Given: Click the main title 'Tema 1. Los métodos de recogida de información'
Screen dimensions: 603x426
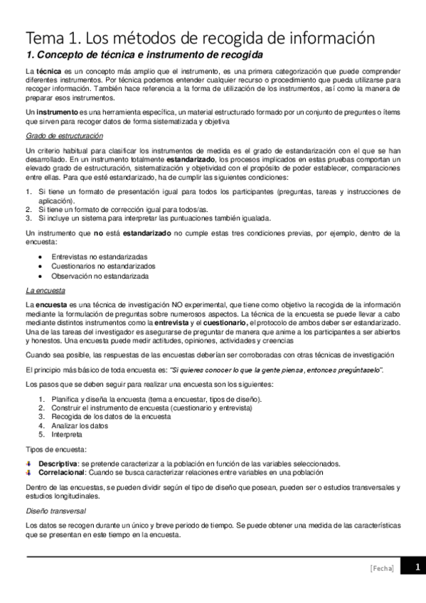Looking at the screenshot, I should tap(200, 37).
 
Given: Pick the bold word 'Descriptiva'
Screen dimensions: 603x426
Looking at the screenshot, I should tap(58, 464).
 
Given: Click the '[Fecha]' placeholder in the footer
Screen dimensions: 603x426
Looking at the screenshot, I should tap(382, 568).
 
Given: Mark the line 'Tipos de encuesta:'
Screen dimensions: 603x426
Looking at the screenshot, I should tap(56, 450).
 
